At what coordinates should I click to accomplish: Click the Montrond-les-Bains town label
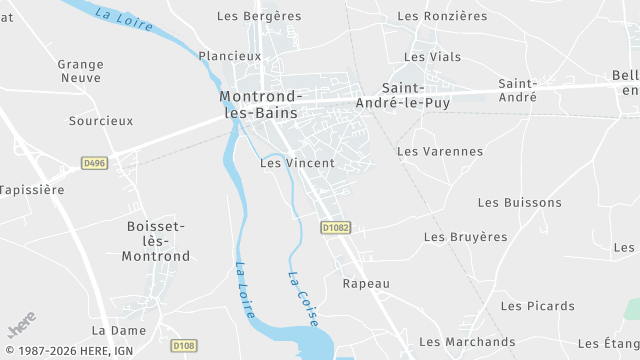click(259, 104)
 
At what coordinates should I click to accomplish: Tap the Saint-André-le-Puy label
click(416, 95)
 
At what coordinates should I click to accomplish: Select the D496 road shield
click(94, 162)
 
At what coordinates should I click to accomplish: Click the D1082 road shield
click(336, 228)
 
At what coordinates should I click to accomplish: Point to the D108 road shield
click(183, 346)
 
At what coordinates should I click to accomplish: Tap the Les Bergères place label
click(259, 16)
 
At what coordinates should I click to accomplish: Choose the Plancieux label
click(229, 56)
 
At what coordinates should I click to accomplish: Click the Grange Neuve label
click(81, 71)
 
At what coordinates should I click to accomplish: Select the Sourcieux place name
click(100, 121)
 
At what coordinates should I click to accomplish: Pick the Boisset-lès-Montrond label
click(156, 241)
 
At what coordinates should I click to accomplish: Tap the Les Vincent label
click(297, 162)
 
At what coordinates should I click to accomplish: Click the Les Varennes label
click(440, 152)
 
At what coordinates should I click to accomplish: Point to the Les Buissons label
click(520, 202)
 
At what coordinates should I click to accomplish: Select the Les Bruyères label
click(466, 237)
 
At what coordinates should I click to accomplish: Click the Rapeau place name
click(366, 284)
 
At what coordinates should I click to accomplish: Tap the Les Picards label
click(538, 306)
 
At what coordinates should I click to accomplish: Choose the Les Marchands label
click(467, 342)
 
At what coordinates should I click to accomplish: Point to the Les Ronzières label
click(442, 16)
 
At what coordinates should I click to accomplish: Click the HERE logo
click(22, 325)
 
